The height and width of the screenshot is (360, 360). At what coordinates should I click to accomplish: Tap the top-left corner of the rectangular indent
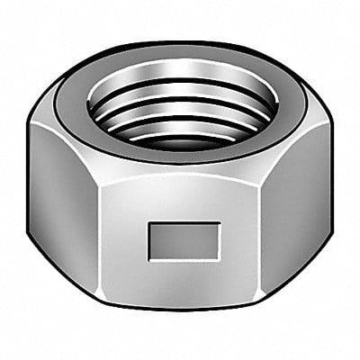[x=150, y=223]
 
